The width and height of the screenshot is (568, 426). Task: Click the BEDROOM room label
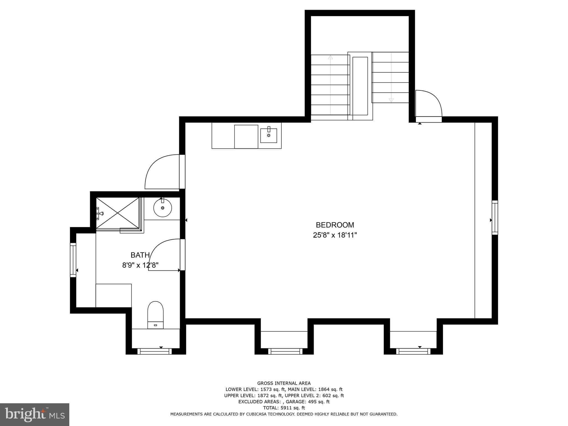pos(335,225)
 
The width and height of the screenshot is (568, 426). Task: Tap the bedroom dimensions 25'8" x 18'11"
pos(335,235)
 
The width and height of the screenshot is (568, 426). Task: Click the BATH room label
pos(140,255)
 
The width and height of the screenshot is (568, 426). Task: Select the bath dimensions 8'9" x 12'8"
pos(140,265)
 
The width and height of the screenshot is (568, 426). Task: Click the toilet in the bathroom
pos(155,315)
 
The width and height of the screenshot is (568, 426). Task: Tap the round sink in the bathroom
pos(163,208)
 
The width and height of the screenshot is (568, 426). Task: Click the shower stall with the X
pos(118,213)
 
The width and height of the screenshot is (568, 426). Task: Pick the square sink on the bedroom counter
pos(268,135)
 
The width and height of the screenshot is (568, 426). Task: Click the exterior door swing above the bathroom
pos(162,172)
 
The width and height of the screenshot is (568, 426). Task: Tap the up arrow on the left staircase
pos(330,57)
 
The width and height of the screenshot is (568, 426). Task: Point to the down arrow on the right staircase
pos(391,100)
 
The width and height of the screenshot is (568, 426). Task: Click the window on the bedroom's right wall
pos(495,218)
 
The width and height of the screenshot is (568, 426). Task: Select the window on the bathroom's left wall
pos(73,260)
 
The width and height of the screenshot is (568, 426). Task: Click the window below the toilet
pos(154,351)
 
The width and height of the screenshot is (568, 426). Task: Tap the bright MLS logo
pos(34,415)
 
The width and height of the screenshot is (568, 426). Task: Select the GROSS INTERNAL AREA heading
pos(284,383)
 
